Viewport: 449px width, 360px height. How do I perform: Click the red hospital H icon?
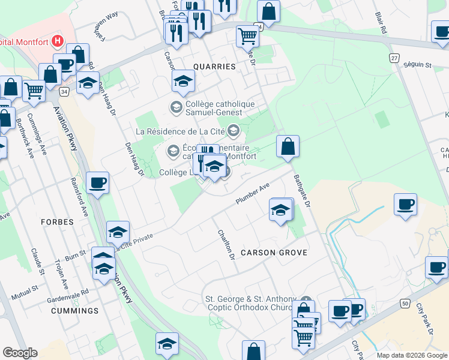point(58,41)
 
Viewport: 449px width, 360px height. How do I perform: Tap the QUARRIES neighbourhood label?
point(214,67)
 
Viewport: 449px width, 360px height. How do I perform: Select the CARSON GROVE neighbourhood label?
point(274,253)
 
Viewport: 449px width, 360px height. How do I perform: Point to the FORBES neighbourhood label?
point(57,222)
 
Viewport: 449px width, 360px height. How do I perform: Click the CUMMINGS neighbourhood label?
point(74,311)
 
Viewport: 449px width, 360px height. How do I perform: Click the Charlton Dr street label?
point(225,245)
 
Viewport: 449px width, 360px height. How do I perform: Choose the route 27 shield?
point(394,58)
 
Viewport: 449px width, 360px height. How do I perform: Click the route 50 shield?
point(406,305)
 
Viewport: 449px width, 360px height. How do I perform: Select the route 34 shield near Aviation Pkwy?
point(64,92)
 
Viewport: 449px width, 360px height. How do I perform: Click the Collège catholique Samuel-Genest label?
point(213,108)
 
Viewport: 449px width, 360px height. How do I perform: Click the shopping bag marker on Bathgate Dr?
point(288,146)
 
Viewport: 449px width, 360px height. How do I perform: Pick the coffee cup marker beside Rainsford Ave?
point(97,183)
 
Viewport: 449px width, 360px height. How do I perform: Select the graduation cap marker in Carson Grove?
point(280,210)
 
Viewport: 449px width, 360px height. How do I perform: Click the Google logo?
point(20,353)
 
